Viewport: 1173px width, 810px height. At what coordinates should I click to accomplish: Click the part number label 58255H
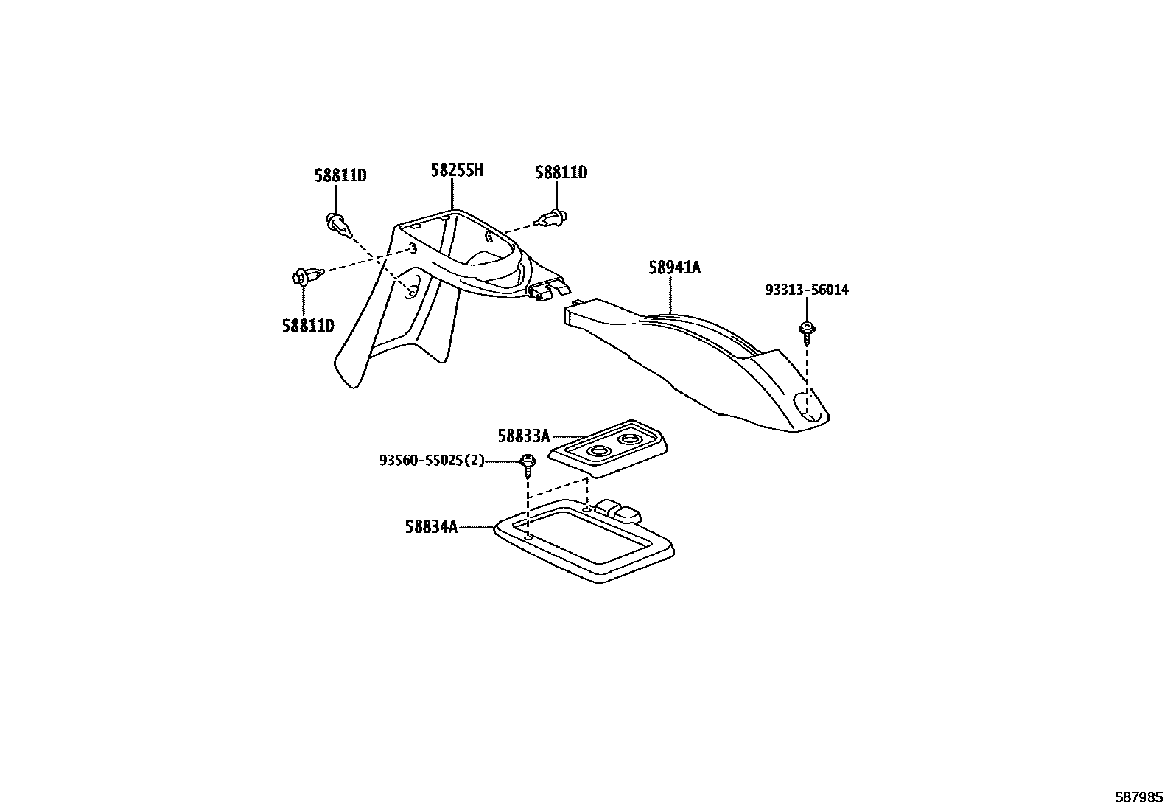click(x=457, y=171)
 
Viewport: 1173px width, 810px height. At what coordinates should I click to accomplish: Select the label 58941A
click(x=674, y=268)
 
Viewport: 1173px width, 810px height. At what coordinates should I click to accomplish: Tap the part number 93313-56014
click(x=807, y=290)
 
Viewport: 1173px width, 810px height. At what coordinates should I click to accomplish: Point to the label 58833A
click(x=523, y=436)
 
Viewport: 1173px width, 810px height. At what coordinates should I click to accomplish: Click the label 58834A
click(x=431, y=527)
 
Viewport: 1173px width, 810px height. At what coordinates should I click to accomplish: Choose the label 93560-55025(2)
click(x=433, y=461)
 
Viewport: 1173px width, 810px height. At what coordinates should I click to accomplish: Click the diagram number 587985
click(x=1138, y=797)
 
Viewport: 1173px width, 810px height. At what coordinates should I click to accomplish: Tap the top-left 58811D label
click(x=340, y=175)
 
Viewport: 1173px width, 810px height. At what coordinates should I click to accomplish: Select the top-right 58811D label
click(x=561, y=172)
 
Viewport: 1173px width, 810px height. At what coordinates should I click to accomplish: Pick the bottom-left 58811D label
click(x=308, y=325)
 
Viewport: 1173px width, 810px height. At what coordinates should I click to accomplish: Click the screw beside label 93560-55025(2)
click(x=528, y=464)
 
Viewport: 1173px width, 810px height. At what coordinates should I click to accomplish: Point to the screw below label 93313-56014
click(x=808, y=331)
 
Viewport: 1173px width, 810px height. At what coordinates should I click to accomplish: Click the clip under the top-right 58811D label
click(x=553, y=217)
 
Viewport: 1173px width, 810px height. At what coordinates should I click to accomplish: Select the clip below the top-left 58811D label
click(x=337, y=223)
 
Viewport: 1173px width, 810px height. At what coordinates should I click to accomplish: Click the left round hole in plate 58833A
click(x=598, y=450)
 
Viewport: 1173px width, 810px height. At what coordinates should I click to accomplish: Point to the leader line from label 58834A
click(x=477, y=527)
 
